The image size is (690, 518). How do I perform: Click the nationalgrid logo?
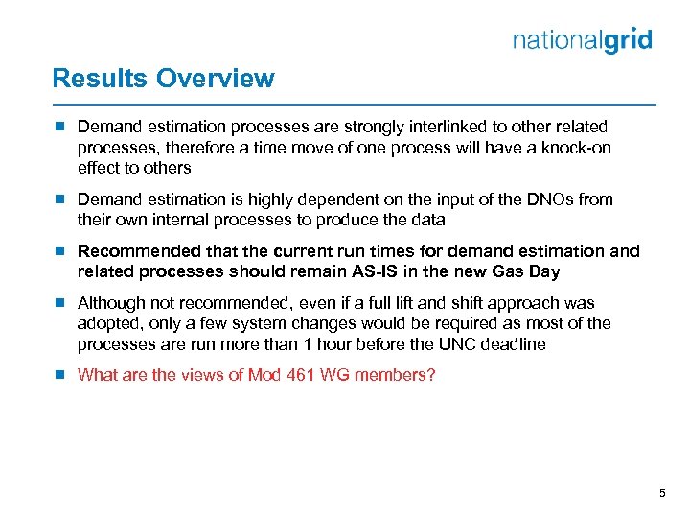[582, 40]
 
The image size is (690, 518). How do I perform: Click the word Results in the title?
[96, 79]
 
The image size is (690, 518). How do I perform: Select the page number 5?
[661, 493]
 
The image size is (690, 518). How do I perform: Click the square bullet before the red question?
[59, 375]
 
